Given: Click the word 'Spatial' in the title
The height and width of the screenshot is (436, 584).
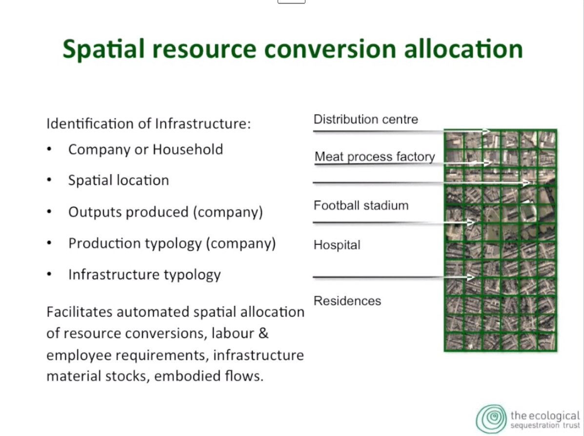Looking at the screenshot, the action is tap(103, 49).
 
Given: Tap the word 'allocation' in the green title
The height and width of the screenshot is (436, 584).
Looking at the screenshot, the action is tap(463, 48).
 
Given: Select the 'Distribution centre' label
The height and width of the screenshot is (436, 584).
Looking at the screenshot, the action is tap(366, 119).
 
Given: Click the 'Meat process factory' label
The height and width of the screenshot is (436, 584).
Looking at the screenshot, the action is tap(375, 157).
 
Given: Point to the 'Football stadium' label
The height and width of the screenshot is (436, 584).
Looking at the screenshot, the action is tap(361, 205).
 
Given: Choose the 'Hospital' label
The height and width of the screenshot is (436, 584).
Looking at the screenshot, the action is tap(337, 245).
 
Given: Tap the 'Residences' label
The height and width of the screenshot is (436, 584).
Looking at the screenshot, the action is tap(347, 301).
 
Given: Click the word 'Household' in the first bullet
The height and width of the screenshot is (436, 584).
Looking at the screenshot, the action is tap(188, 149).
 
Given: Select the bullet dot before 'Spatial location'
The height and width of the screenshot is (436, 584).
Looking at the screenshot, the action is tap(49, 180).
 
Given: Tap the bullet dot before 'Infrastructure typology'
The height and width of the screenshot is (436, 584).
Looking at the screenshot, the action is tap(49, 275).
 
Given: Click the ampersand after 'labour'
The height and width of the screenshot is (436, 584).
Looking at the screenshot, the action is tap(263, 333).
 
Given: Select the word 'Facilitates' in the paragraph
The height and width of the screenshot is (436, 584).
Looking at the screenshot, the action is tap(80, 312).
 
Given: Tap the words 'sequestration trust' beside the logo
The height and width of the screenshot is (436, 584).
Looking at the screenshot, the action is tap(545, 425).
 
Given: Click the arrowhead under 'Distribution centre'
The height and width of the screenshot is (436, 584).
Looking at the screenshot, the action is tap(486, 131).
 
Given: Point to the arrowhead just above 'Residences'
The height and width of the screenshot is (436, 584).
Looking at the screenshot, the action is tap(471, 277).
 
